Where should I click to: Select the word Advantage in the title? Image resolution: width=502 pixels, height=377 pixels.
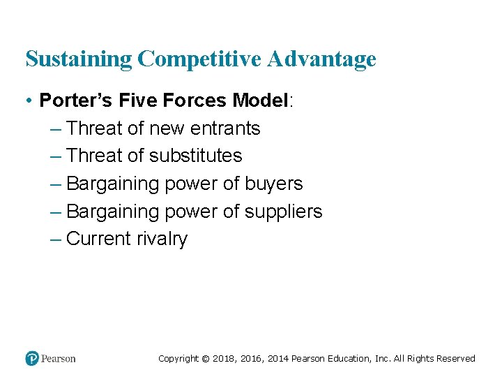(x=322, y=59)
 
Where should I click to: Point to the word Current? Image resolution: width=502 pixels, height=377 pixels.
(x=97, y=239)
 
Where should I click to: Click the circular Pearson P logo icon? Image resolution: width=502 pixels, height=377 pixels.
(x=32, y=358)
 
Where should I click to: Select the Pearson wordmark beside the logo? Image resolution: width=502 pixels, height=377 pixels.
(x=59, y=358)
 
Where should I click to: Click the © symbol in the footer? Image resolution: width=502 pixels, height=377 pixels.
(x=205, y=359)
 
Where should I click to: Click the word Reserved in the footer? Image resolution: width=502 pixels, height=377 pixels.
(x=455, y=359)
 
